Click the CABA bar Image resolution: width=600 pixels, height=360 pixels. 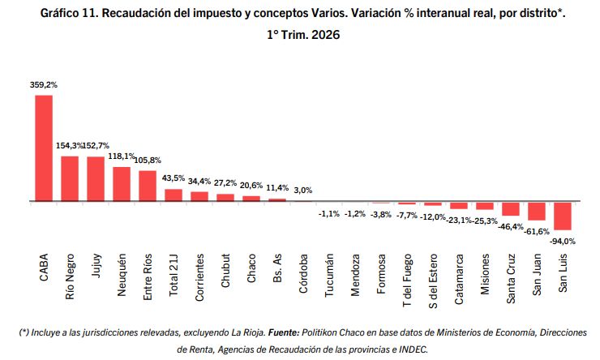[x=44, y=148]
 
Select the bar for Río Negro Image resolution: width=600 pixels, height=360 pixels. [x=70, y=178]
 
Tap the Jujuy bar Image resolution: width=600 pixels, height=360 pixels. [x=96, y=179]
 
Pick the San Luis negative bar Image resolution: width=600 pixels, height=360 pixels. [x=563, y=216]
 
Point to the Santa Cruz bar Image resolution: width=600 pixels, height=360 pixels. [x=511, y=209]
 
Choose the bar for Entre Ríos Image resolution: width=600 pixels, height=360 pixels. [x=148, y=186]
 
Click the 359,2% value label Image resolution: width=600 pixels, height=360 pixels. [x=44, y=85]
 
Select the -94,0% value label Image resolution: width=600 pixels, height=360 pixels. [x=563, y=242]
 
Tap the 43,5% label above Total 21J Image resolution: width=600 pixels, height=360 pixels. [x=174, y=178]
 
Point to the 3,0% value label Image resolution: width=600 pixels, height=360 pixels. [x=303, y=191]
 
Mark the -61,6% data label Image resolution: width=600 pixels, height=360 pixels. [x=537, y=231]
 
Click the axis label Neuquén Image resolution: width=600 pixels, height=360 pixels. [x=122, y=275]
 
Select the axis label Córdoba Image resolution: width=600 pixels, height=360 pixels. [x=303, y=273]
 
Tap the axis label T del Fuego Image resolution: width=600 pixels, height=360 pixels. [x=407, y=280]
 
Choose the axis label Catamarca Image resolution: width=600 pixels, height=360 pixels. [x=459, y=279]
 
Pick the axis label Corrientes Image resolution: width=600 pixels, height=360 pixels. [x=199, y=277]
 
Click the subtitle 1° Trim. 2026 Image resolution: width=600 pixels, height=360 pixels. [x=303, y=35]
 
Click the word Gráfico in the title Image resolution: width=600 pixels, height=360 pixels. [x=59, y=14]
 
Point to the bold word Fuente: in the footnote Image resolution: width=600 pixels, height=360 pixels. [x=284, y=332]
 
